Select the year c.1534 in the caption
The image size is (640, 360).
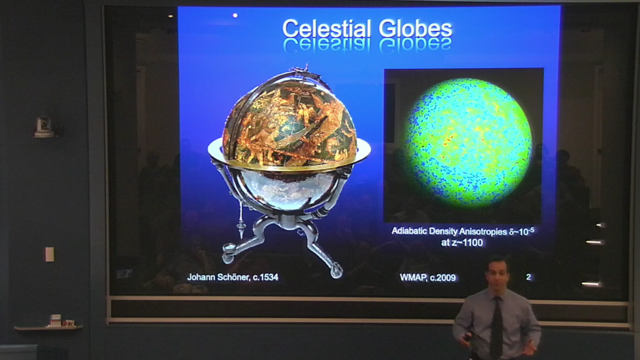coord(261,277)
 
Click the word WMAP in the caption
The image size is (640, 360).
coord(413,277)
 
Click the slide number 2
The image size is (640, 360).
coord(528,277)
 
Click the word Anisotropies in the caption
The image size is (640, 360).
coord(483,230)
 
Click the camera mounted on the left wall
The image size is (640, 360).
coord(44,126)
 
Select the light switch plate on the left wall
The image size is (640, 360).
coord(49,254)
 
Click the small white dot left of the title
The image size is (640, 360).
coord(235,16)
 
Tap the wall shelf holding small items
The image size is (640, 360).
coord(48,327)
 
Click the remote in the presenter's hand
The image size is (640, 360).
coord(467,340)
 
